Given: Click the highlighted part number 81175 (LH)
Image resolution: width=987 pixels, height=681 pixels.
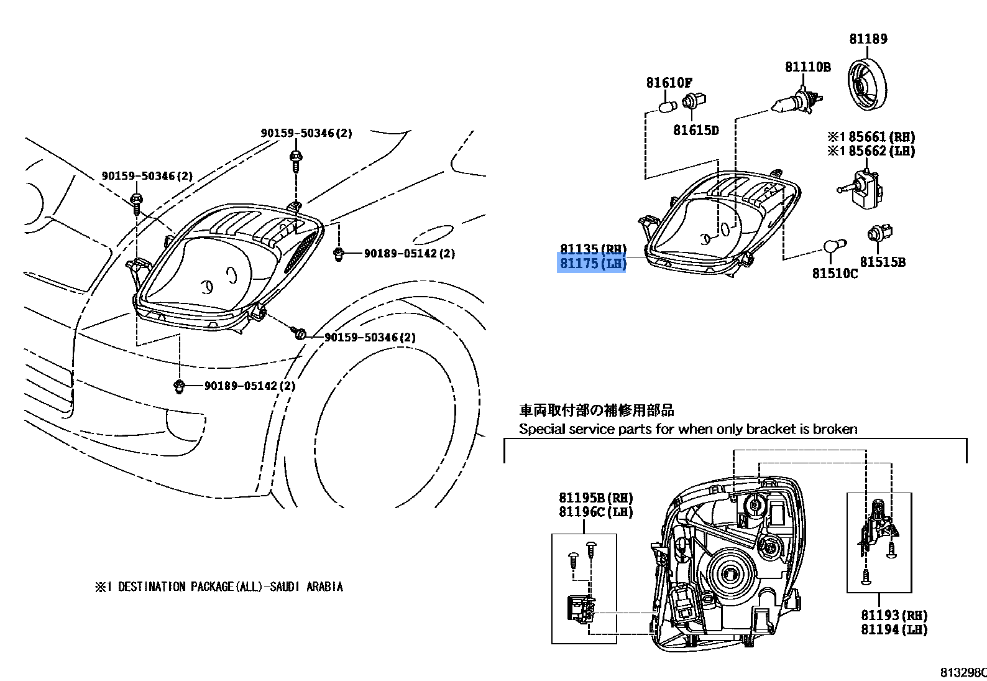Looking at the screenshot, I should pos(592,264).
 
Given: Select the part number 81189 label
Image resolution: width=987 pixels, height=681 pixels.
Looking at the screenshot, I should pos(868,39).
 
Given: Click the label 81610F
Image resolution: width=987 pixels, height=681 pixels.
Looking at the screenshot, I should pos(669,83).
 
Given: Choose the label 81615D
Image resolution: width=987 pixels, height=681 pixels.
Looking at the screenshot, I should pos(695,131).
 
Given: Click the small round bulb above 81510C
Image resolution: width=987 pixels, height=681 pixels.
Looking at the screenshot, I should pos(832,247).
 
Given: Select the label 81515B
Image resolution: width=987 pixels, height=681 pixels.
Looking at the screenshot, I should pos(882,262).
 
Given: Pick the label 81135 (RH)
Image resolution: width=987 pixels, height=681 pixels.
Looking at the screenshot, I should pos(592,249).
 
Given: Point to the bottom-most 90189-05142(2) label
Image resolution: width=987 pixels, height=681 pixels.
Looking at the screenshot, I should pos(250,386).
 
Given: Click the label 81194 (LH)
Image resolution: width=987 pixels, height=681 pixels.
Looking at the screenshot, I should pos(893,629).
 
